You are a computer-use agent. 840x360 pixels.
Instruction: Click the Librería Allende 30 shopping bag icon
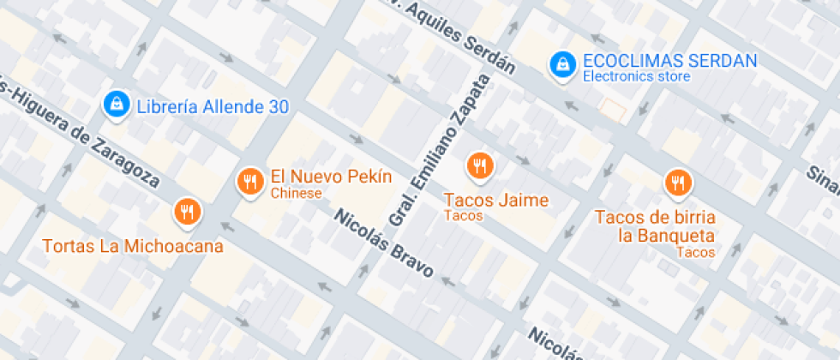(x=115, y=105)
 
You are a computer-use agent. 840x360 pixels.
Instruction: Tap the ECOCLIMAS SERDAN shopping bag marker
(x=562, y=63)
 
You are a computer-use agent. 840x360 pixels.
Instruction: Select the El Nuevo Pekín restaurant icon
(x=249, y=181)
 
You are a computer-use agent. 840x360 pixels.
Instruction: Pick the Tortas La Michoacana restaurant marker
(x=186, y=211)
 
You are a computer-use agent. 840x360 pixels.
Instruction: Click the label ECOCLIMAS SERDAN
(x=669, y=61)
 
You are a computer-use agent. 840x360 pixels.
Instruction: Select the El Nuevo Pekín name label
(x=331, y=177)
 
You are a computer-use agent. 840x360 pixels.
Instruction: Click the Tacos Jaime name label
(x=495, y=200)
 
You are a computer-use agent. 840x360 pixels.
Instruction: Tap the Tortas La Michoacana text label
(x=133, y=246)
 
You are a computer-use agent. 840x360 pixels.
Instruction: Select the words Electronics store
(x=636, y=77)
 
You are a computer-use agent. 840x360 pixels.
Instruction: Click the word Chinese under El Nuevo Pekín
(x=296, y=194)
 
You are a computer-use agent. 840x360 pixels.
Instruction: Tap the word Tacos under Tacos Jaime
(x=463, y=216)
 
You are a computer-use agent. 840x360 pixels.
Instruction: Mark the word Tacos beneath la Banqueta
(x=694, y=252)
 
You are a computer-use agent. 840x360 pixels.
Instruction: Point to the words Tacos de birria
(x=654, y=217)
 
